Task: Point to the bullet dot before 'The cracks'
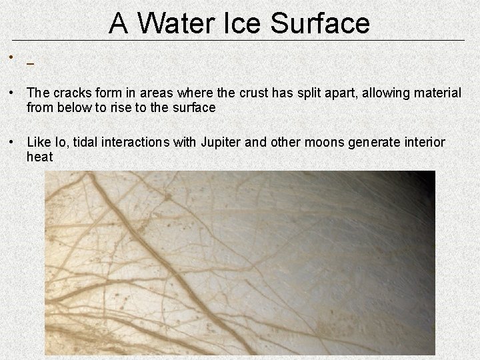click(13, 93)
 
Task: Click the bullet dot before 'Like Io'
click(13, 142)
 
